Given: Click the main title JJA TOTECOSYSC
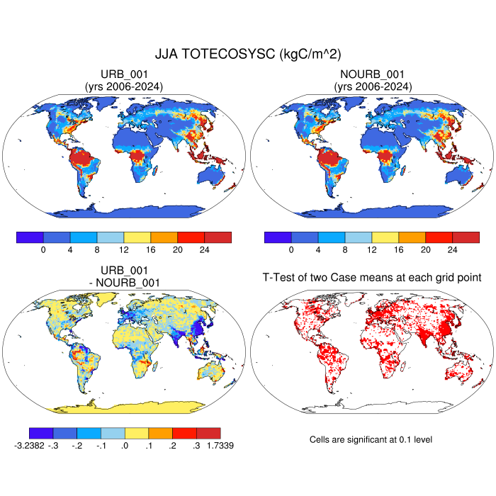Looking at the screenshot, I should (247, 54).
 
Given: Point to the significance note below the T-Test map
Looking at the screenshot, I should (371, 440).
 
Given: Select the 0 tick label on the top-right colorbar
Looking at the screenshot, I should (291, 250).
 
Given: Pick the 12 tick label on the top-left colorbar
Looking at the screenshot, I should (124, 250).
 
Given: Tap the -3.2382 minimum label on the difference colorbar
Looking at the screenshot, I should (29, 446).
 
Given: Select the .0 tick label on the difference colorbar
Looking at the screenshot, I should (124, 446).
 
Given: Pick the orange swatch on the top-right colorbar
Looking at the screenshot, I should (412, 237).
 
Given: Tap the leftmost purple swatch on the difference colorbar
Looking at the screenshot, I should (41, 433).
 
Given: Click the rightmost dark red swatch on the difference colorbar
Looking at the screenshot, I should (208, 433).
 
